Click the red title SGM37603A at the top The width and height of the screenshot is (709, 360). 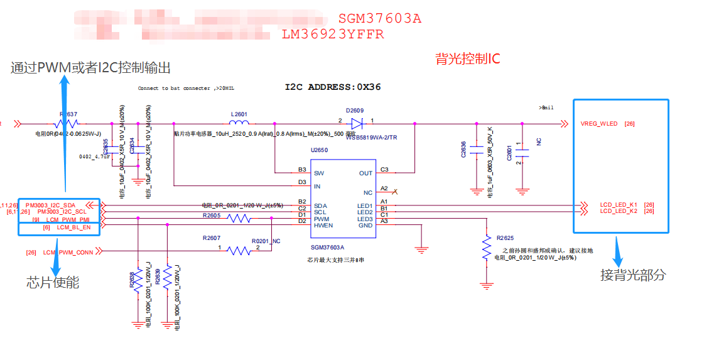(379, 18)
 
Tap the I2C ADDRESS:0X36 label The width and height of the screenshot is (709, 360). (333, 87)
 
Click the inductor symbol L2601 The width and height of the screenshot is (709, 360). (239, 123)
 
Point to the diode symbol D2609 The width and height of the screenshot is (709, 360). (357, 123)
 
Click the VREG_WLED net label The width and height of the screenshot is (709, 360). (599, 124)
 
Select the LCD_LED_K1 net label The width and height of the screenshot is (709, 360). (619, 205)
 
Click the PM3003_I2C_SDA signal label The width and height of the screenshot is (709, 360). (51, 205)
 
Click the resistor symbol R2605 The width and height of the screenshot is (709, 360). (239, 219)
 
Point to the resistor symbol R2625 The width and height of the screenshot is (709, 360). (486, 248)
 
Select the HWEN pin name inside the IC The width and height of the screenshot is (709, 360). (323, 226)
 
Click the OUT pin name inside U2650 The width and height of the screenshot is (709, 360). (365, 173)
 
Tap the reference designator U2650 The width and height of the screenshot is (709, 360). (319, 150)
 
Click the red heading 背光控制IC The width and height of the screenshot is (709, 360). (468, 59)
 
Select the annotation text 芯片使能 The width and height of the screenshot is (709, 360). (53, 283)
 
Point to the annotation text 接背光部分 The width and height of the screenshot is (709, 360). (633, 275)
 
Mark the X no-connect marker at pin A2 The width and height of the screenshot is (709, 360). (394, 192)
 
